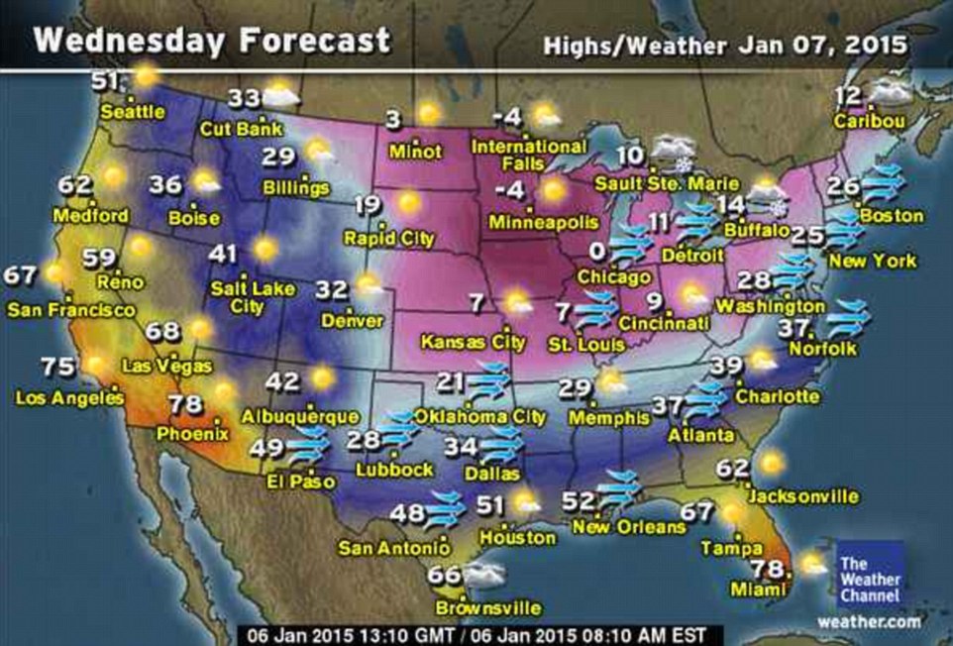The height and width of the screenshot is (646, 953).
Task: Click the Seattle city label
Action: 133,112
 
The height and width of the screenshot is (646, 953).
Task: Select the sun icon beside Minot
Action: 429,114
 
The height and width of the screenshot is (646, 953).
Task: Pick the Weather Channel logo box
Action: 870,576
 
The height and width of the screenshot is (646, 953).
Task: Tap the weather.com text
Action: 870,621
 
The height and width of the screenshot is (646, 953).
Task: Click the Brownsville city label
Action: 488,606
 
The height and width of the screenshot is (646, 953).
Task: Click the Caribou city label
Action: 869,122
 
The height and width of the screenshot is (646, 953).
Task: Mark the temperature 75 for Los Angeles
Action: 59,367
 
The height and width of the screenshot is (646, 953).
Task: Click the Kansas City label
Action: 473,342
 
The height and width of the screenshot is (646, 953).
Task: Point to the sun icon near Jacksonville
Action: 770,462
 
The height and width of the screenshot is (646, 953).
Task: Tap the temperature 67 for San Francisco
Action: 20,274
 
